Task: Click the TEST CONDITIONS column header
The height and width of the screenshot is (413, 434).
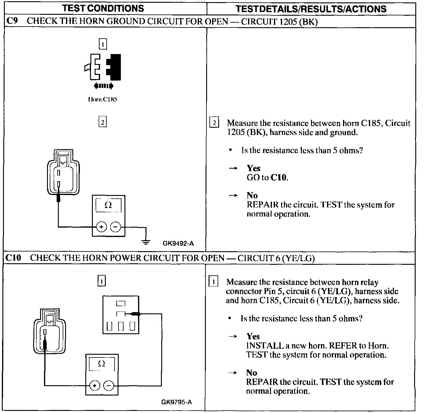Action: [x=103, y=8]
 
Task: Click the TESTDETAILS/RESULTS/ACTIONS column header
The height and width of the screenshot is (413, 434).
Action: [x=311, y=9]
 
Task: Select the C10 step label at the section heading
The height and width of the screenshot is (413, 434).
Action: [x=13, y=258]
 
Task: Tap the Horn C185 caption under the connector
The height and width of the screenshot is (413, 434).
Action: [x=102, y=99]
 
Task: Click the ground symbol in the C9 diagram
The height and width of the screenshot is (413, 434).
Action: [x=146, y=242]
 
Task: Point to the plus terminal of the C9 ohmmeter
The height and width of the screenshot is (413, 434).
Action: [x=102, y=227]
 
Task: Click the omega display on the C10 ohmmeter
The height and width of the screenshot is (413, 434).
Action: [x=102, y=364]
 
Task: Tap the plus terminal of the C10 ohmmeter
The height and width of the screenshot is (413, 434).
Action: [x=95, y=386]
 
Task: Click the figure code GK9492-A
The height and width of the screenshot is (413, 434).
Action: [x=178, y=243]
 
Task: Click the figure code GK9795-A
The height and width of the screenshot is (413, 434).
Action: [x=177, y=402]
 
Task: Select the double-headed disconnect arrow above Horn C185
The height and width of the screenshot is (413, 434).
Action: [x=104, y=86]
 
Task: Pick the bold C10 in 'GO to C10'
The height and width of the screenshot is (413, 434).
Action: [x=279, y=178]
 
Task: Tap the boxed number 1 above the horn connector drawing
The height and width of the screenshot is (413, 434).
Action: [x=103, y=45]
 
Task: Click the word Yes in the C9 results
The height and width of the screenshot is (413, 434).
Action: [x=253, y=168]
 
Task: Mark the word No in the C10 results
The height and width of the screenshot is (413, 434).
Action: [x=252, y=373]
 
